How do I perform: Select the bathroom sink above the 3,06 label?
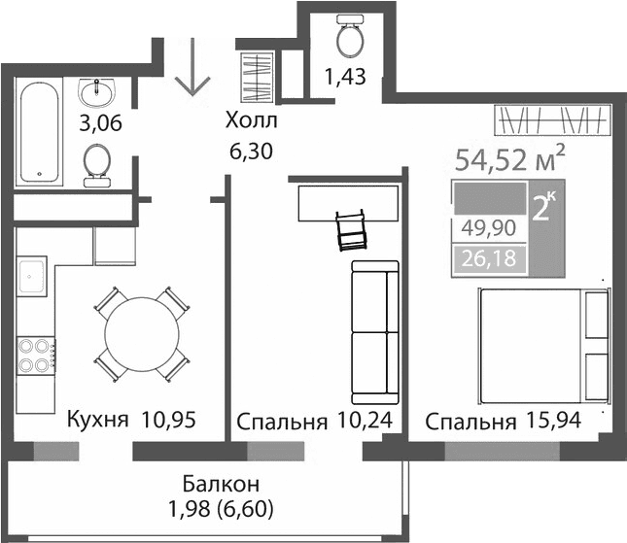click(x=97, y=93)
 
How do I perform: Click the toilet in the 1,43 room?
click(x=348, y=40)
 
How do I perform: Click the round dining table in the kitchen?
click(x=142, y=333)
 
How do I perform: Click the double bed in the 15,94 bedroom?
click(x=542, y=344)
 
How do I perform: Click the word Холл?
click(x=251, y=120)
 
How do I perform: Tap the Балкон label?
click(x=220, y=483)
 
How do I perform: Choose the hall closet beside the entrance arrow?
click(x=257, y=76)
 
